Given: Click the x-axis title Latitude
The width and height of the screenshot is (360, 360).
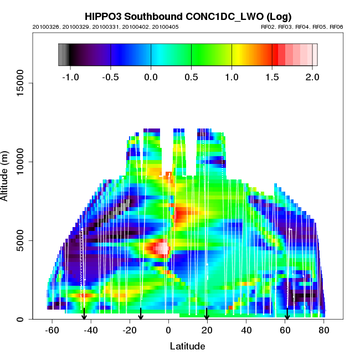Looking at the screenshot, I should pyautogui.click(x=187, y=346).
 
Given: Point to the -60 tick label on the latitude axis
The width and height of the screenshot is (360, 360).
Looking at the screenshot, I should pyautogui.click(x=52, y=330).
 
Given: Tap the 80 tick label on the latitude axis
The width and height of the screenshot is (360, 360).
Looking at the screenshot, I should pyautogui.click(x=324, y=330).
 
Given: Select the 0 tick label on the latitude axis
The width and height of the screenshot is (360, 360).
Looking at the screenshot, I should pyautogui.click(x=168, y=330).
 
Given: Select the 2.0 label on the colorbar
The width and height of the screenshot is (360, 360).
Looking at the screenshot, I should pyautogui.click(x=312, y=76).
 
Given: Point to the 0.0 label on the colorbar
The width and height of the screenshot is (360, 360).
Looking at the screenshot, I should pyautogui.click(x=151, y=76).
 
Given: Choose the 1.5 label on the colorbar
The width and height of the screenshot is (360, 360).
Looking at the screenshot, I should pyautogui.click(x=272, y=76).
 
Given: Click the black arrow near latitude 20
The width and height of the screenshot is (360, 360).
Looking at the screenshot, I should pyautogui.click(x=207, y=314).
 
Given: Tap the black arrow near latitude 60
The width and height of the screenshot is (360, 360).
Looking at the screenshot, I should pyautogui.click(x=287, y=315).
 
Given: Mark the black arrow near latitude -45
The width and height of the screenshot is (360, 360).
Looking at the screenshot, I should pyautogui.click(x=84, y=314).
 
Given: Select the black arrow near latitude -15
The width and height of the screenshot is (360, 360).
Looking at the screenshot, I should pyautogui.click(x=141, y=314).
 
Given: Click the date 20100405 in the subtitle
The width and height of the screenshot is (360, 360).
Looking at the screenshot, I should pyautogui.click(x=166, y=27).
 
